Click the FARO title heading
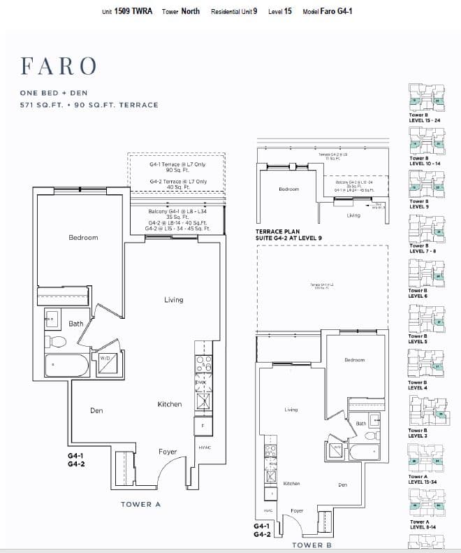pos(59,66)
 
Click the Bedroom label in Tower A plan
pos(83,238)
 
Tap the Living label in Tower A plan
pos(173,300)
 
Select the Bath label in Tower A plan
pos(76,324)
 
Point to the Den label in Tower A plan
pos(96,410)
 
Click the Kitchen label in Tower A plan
pos(169,404)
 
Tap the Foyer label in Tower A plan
pos(168,452)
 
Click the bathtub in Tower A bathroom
pos(66,366)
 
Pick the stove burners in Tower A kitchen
pos(203,364)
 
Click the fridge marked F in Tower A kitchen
pos(203,425)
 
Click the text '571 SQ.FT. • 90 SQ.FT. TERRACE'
pos(89,105)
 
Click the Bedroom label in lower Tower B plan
pos(354,360)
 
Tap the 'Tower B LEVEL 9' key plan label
pos(419,204)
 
